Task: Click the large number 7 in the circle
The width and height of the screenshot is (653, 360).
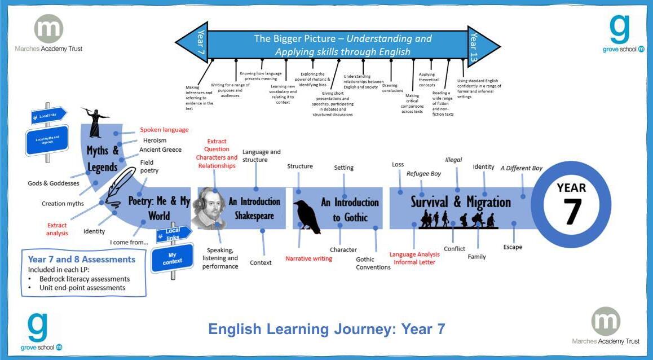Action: click(571, 211)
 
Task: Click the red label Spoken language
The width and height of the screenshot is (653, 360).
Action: click(164, 130)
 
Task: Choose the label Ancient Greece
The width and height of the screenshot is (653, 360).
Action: click(161, 150)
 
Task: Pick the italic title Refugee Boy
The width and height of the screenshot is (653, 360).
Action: click(423, 174)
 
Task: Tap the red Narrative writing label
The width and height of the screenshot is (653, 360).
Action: click(308, 258)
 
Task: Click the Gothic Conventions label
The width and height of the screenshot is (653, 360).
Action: click(373, 264)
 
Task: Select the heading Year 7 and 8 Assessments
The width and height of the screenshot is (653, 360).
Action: click(82, 260)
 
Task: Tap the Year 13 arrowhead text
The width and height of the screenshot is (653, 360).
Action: click(474, 46)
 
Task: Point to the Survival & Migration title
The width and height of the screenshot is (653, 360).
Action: click(460, 202)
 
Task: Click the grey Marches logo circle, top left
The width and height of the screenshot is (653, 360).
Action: click(48, 28)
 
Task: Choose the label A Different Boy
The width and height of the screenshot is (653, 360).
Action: click(521, 168)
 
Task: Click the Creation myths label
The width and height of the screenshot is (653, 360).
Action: click(63, 204)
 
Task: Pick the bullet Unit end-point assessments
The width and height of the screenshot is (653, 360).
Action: click(82, 288)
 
